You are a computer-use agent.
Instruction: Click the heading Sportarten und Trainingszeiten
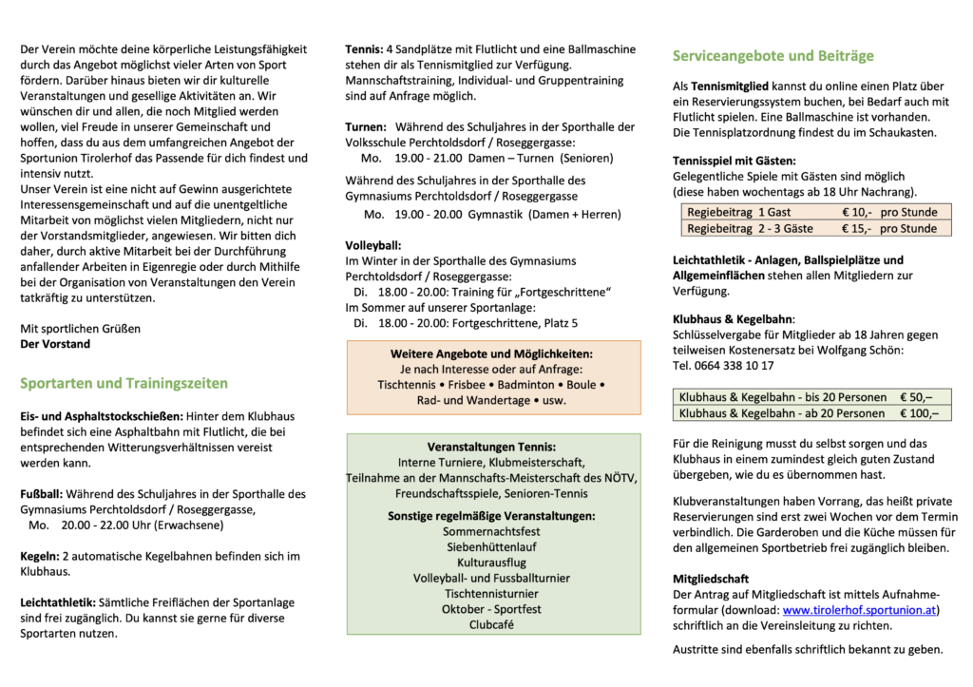click(x=124, y=384)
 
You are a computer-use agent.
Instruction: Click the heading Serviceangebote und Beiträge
click(x=773, y=56)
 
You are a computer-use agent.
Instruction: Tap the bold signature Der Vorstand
click(x=55, y=344)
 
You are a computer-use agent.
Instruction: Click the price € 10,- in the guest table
click(x=857, y=212)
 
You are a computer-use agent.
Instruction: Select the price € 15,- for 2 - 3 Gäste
click(x=857, y=229)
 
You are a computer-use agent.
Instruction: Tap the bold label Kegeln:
click(x=39, y=555)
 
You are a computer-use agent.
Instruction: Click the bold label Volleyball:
click(x=373, y=245)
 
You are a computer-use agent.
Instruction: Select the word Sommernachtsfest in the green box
click(x=491, y=532)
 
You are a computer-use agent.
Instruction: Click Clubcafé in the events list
click(x=491, y=624)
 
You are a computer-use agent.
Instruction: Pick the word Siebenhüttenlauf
click(x=491, y=547)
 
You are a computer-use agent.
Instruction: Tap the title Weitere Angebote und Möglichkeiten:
click(x=491, y=353)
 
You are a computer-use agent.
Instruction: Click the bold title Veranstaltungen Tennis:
click(x=491, y=447)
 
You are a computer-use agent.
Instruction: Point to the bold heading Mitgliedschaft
click(x=711, y=578)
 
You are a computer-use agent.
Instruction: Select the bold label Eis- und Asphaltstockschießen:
click(x=102, y=417)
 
